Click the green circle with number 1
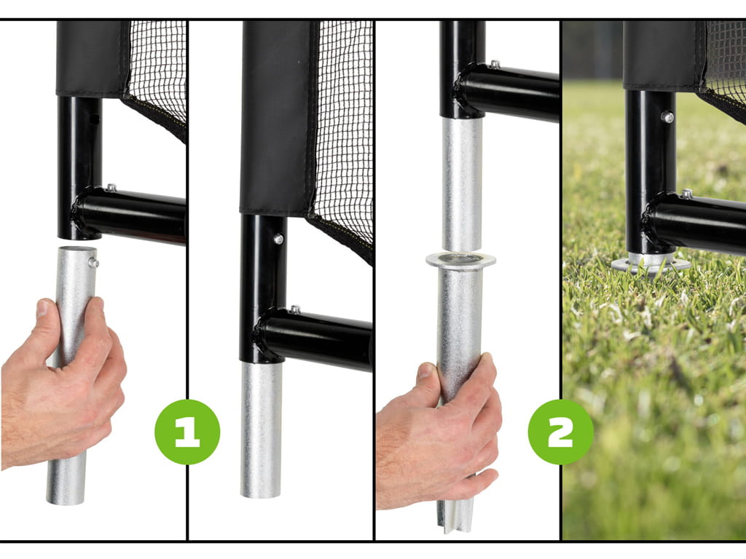tap(187, 432)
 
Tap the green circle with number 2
tap(560, 432)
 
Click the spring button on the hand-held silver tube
tap(93, 262)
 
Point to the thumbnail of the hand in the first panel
tap(43, 308)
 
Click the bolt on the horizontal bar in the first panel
tap(111, 188)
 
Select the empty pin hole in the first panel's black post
tap(95, 119)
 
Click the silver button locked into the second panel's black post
tap(278, 239)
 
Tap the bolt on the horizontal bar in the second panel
tap(296, 309)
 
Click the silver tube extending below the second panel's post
tap(261, 429)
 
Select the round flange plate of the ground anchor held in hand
tap(460, 260)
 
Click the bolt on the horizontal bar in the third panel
tap(495, 64)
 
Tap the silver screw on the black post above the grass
tap(667, 116)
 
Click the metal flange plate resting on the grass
tap(651, 264)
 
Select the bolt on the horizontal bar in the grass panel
tap(686, 194)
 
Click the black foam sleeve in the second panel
tap(276, 118)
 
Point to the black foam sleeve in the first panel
tap(91, 58)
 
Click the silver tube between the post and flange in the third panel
tap(461, 184)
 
